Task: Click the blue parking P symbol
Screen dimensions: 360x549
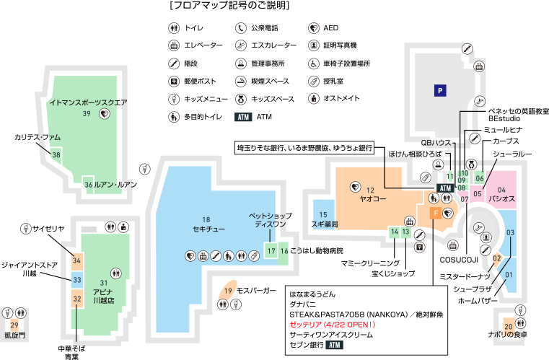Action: click(x=439, y=90)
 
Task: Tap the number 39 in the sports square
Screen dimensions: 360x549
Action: click(x=86, y=113)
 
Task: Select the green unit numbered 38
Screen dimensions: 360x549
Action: click(x=56, y=154)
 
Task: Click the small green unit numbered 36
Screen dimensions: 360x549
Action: click(x=88, y=185)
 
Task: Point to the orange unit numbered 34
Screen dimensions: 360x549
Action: click(x=76, y=260)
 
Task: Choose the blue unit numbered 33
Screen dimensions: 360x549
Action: click(x=76, y=279)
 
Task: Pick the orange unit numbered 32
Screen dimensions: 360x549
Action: click(x=76, y=298)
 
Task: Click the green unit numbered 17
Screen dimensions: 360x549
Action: click(x=271, y=250)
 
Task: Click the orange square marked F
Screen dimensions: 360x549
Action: click(x=435, y=214)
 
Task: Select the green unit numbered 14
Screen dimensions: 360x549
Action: click(x=394, y=232)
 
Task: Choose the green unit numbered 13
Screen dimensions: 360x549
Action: click(x=406, y=232)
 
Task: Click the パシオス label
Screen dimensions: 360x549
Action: click(x=501, y=198)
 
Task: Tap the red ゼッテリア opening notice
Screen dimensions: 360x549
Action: click(x=333, y=325)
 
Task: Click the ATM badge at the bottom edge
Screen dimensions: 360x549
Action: click(x=333, y=345)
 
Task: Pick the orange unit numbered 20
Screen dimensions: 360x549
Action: click(x=509, y=326)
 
